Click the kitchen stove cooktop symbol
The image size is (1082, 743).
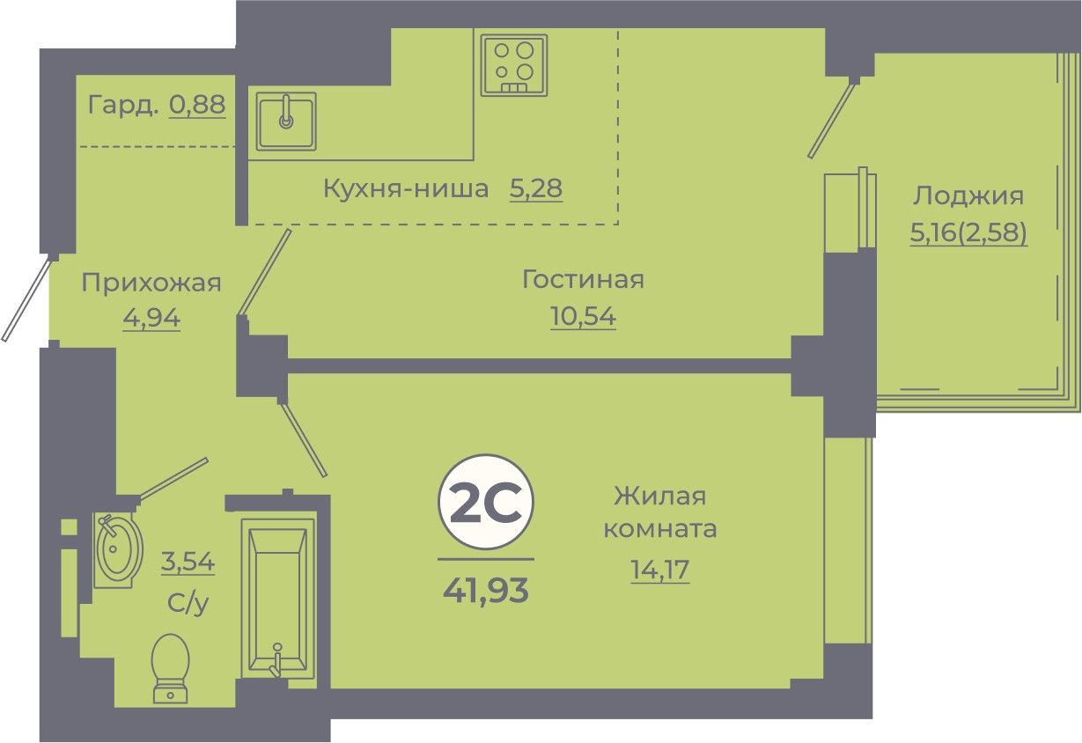coord(514,65)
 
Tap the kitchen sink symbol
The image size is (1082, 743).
coord(286,121)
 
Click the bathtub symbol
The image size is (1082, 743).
coord(277,599)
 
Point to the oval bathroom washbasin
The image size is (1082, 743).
coord(118,549)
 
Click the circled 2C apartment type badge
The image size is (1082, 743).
coord(486,503)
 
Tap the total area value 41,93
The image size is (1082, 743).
coord(486,591)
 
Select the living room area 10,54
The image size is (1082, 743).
coord(583,316)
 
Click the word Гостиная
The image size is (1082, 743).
coord(583,279)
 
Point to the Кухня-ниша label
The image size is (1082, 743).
coord(406,188)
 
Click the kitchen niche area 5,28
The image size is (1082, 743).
coord(536,188)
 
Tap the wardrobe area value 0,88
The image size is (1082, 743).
coord(197,105)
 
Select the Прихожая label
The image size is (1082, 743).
coord(151,283)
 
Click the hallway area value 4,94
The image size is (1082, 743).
coord(151,319)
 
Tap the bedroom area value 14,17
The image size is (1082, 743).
coord(659,570)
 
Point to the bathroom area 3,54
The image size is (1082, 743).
coord(188,562)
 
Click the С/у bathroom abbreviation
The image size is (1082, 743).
coord(188,603)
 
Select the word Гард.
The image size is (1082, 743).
coord(123,105)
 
